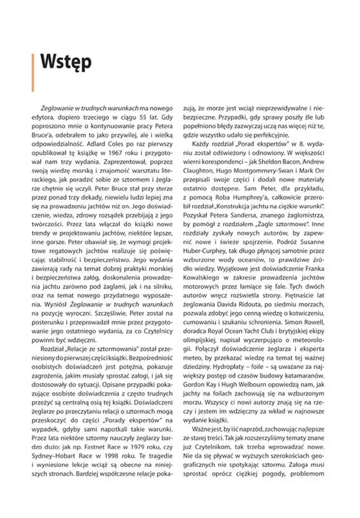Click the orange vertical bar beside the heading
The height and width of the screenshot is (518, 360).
32,72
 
